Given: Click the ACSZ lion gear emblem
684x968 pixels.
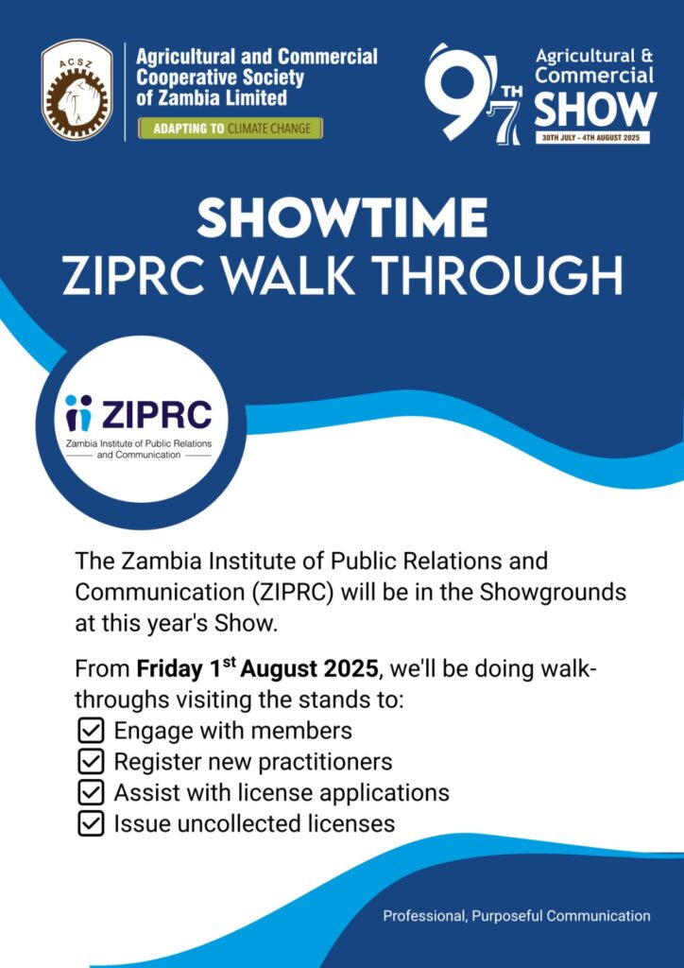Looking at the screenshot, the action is [77, 90].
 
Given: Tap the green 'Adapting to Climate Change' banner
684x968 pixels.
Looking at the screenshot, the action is [231, 129].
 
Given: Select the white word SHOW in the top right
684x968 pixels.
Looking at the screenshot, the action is [594, 109].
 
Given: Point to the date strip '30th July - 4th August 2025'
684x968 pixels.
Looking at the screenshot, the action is [592, 138].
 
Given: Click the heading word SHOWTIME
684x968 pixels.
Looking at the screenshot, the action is [342, 218].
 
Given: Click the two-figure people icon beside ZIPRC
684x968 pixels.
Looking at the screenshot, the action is [78, 413].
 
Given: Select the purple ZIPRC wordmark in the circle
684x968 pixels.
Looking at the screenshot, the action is [156, 414].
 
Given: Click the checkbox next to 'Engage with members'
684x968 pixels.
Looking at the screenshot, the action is [91, 732].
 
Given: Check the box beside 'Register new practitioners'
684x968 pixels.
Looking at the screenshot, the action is [91, 763].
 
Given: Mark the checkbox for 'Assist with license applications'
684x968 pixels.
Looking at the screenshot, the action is [91, 793].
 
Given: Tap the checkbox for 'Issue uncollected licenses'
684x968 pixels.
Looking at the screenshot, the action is [91, 824].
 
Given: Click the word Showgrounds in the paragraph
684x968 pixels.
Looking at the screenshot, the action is [554, 593].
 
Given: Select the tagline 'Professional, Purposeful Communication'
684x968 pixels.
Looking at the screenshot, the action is [516, 915].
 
